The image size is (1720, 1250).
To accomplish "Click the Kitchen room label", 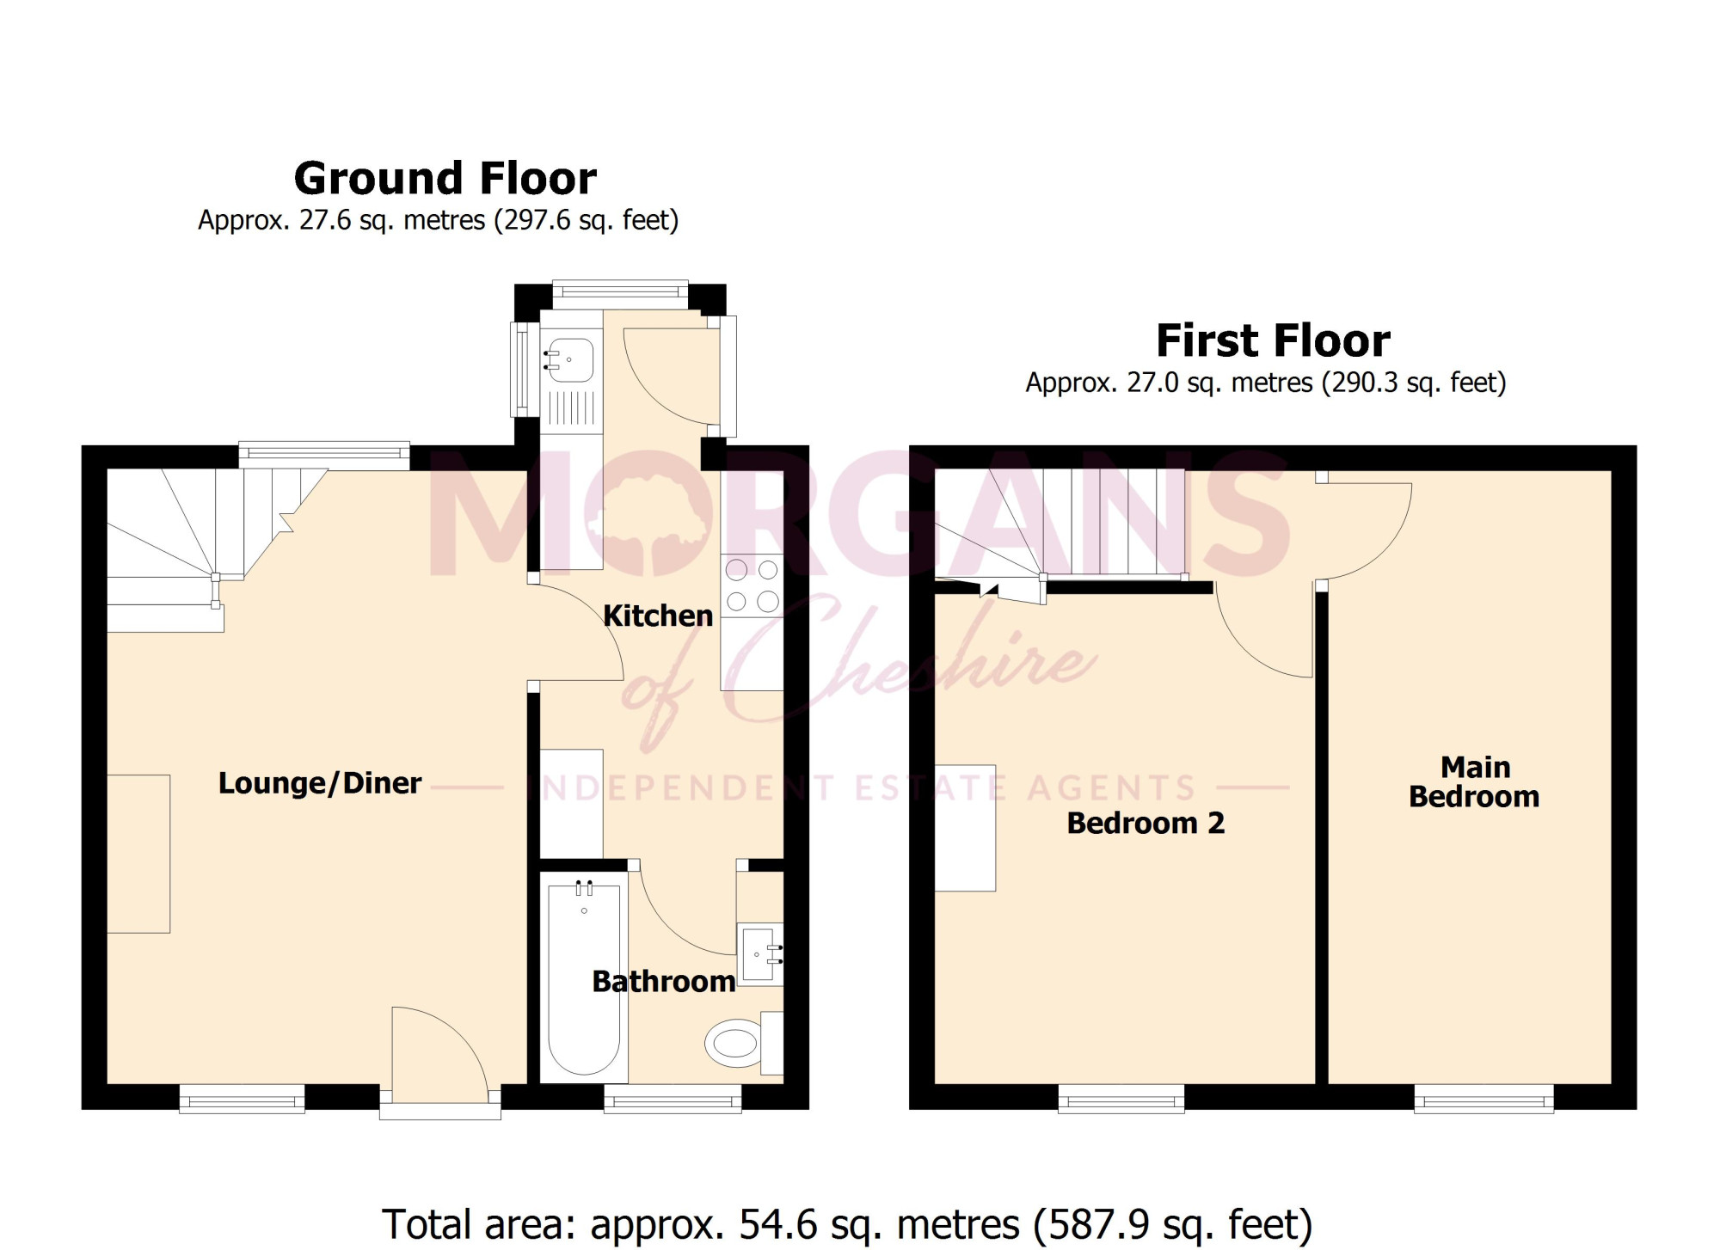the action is tap(658, 616).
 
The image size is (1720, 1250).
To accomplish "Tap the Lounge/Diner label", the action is tap(320, 783).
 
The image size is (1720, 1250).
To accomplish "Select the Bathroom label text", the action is tap(664, 982).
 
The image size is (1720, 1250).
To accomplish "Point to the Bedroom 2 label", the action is tap(1146, 823).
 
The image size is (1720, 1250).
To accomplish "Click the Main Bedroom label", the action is tap(1474, 781).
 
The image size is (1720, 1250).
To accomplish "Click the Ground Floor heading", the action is tap(445, 179).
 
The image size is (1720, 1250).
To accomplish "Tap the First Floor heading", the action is tap(1273, 340).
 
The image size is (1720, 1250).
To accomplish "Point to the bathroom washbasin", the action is tap(760, 953).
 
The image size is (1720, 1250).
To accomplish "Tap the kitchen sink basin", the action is tap(569, 360).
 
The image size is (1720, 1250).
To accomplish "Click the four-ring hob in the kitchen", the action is tap(752, 585).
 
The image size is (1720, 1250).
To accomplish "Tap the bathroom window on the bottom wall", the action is tap(673, 1099).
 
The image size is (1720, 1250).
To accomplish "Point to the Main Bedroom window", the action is tap(1483, 1099).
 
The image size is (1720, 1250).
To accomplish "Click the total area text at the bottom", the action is tap(847, 1224).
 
